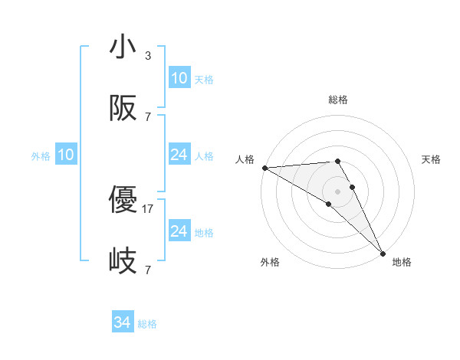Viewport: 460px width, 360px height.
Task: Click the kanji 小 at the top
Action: (122, 47)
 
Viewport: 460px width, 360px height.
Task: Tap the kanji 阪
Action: (122, 109)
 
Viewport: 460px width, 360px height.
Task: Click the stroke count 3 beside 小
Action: (148, 56)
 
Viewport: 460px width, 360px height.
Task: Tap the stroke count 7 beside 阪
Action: (148, 117)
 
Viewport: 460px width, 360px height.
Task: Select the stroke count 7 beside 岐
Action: (148, 270)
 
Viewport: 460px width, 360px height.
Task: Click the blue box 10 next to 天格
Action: (179, 78)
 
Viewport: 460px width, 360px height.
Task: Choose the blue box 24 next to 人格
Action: (179, 155)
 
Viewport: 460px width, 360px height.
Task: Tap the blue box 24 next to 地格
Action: (179, 231)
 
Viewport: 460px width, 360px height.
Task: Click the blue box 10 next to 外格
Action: (66, 155)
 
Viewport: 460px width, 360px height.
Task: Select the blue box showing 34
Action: (123, 323)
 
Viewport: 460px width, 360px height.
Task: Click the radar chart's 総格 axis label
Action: (338, 100)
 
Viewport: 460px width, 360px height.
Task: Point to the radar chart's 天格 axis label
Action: (432, 159)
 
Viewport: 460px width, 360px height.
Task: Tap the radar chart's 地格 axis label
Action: (402, 262)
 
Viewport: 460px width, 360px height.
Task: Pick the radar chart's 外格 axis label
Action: (270, 262)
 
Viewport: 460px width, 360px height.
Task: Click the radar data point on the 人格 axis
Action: (264, 168)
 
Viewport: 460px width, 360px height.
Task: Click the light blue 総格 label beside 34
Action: (147, 324)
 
